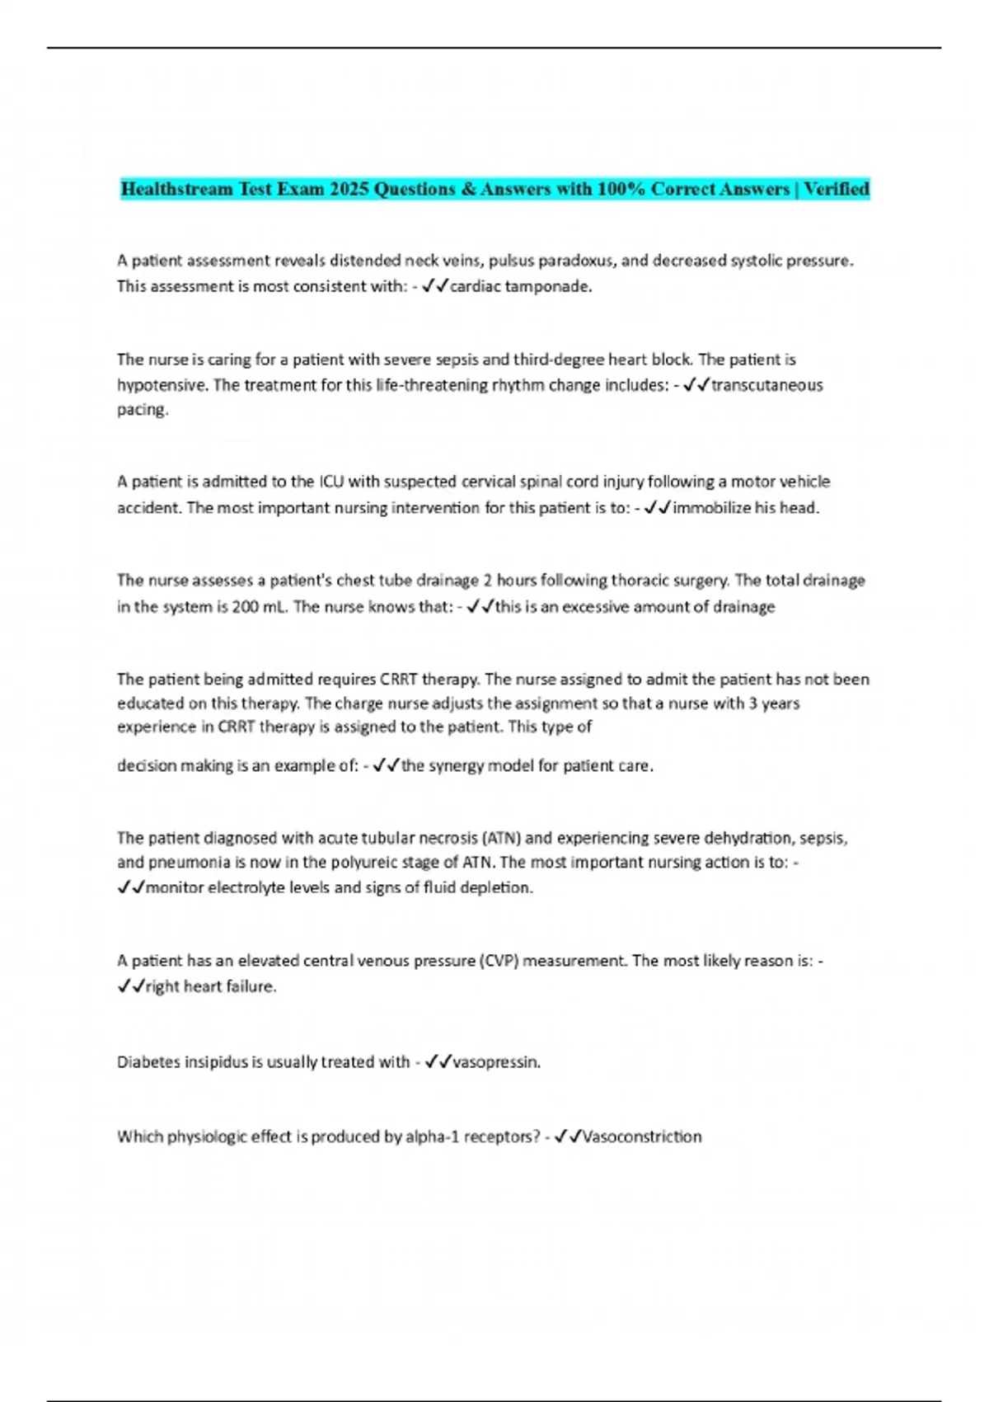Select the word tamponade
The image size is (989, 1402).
coord(552,286)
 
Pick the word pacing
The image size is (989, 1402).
coord(142,410)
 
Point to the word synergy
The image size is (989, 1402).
coord(457,765)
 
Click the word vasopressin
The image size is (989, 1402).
coord(496,1062)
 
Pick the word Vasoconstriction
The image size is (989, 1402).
coord(641,1136)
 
